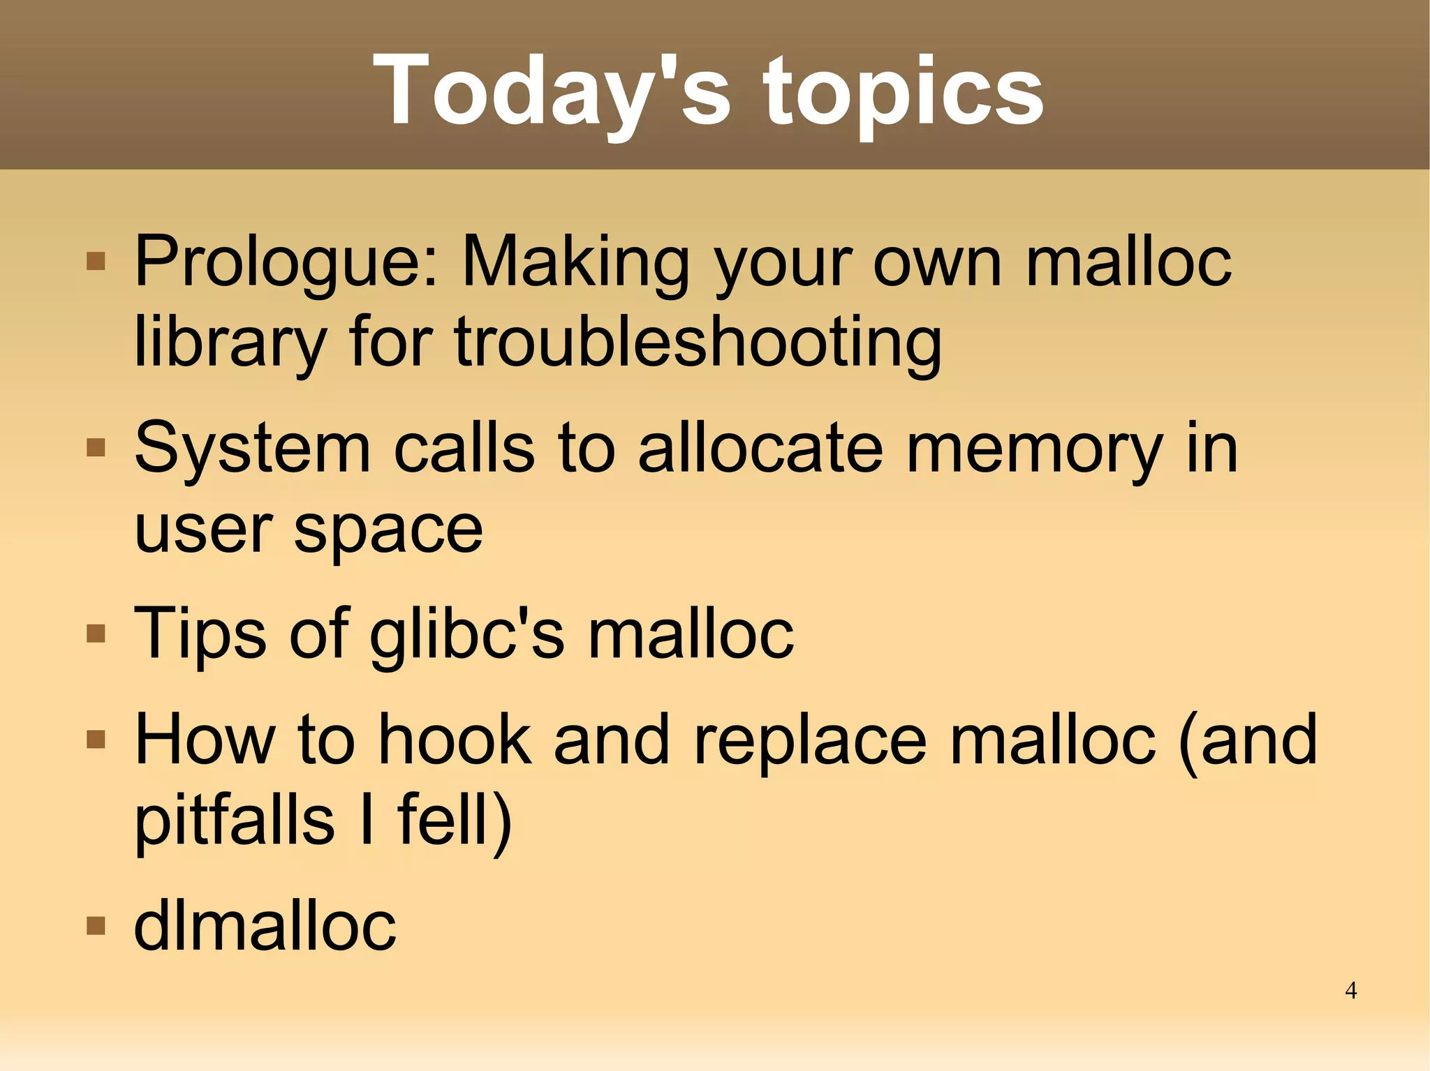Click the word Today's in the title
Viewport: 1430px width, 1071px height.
552,91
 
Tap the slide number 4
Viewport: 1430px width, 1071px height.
1350,990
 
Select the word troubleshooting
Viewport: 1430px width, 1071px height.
698,342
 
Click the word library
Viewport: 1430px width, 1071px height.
230,342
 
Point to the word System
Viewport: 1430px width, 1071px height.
252,449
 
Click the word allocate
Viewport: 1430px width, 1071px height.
760,449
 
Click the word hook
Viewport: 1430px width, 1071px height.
455,740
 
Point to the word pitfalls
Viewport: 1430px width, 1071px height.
235,820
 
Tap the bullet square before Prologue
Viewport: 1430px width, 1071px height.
96,262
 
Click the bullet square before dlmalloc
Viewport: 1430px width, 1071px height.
96,926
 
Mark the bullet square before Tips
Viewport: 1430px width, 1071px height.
96,634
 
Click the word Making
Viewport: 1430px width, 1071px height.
576,262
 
